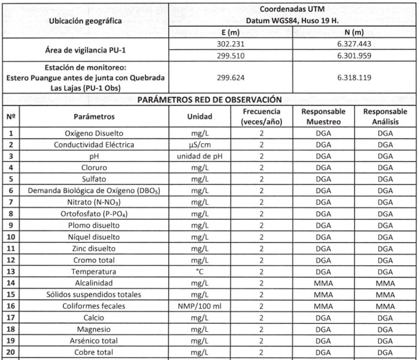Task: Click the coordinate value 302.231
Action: (x=231, y=44)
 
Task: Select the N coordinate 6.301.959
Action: (x=355, y=56)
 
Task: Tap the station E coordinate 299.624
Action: (x=231, y=78)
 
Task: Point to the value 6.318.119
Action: (x=355, y=78)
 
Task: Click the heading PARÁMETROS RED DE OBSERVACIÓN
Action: (x=209, y=99)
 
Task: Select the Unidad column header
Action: (x=199, y=117)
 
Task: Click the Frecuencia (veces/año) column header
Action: (x=261, y=117)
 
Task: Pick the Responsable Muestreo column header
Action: (x=323, y=117)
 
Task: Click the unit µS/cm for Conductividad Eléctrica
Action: (x=199, y=145)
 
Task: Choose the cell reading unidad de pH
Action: (x=199, y=156)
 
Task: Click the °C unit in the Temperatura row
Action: (x=199, y=271)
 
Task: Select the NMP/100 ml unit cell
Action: (x=199, y=306)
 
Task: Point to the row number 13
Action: (x=11, y=271)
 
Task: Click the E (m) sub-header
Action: (x=231, y=32)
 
